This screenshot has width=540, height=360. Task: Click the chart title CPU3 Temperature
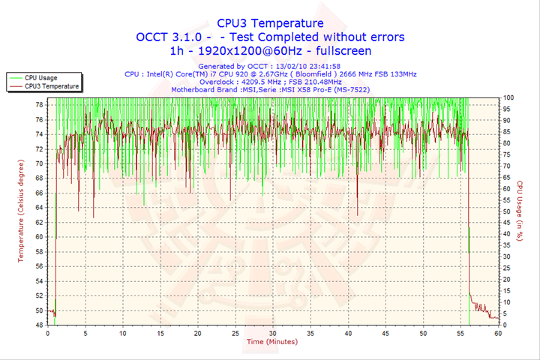click(x=270, y=23)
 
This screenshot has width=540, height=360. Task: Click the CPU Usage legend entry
click(x=40, y=77)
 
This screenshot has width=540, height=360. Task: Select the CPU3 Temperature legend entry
click(x=52, y=86)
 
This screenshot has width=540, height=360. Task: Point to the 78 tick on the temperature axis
click(x=39, y=104)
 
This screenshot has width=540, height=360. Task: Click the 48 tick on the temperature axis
click(x=39, y=325)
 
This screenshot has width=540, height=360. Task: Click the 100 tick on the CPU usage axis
click(x=508, y=97)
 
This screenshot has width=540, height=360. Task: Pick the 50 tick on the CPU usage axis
click(x=507, y=211)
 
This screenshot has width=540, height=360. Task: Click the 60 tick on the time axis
click(x=498, y=332)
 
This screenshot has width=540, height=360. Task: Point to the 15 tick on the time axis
click(x=160, y=332)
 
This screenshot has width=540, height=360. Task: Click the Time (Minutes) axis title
click(x=271, y=342)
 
